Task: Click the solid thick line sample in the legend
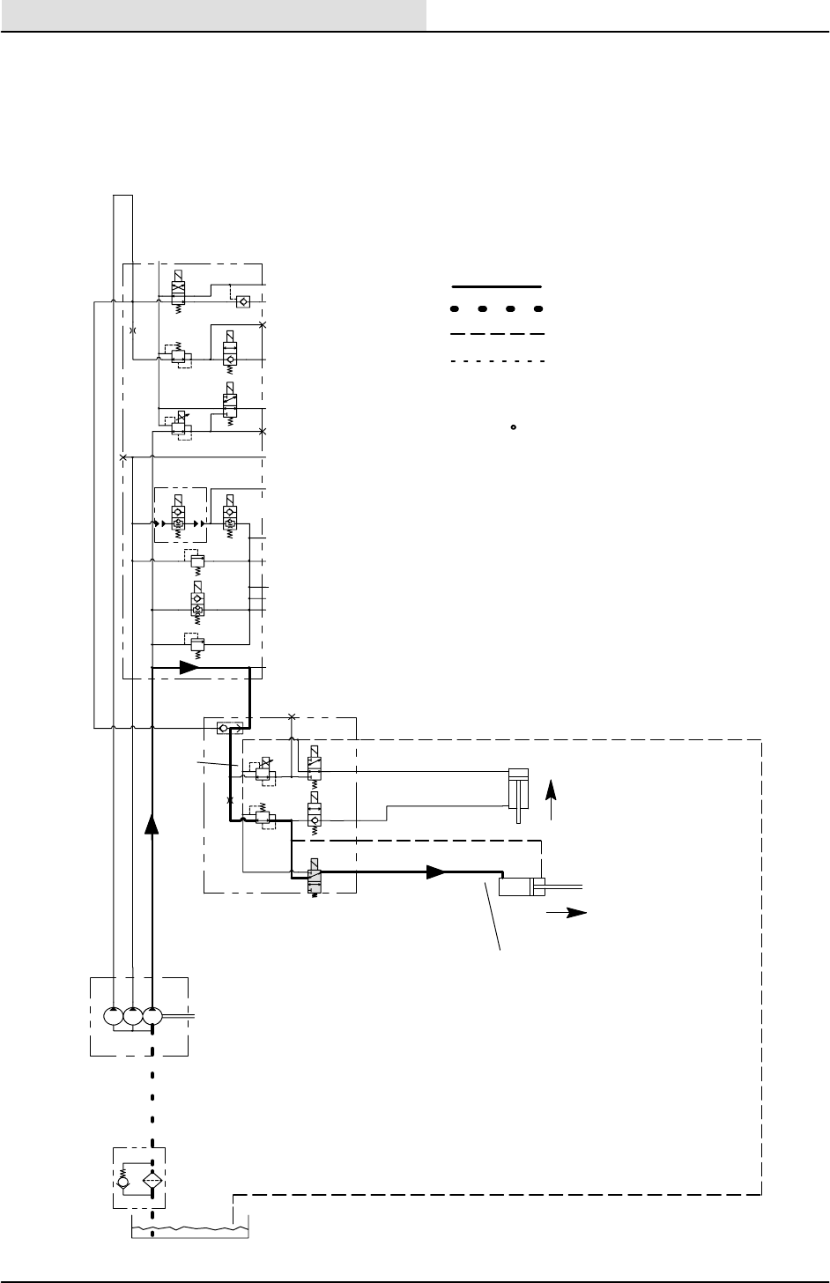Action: click(496, 286)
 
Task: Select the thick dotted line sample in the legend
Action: click(496, 310)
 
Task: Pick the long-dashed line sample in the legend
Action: click(496, 335)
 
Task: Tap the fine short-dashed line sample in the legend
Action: click(496, 360)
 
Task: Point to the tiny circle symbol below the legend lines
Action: click(513, 428)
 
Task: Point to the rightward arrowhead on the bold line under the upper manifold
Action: click(189, 668)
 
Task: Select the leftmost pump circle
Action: click(115, 1016)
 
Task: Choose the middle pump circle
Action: click(133, 1016)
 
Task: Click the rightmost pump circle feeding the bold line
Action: click(152, 1016)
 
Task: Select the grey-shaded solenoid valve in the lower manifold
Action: click(314, 878)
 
